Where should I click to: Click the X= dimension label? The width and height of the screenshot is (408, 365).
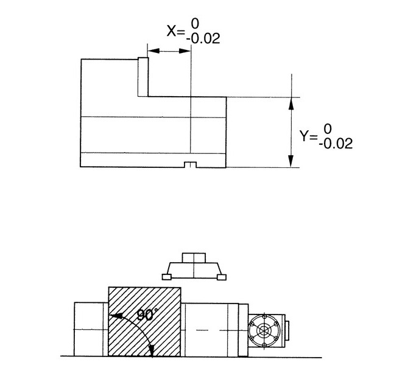click(x=175, y=31)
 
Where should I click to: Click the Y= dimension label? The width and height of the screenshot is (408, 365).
click(x=308, y=136)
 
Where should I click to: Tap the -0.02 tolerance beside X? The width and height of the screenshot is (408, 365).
click(x=203, y=39)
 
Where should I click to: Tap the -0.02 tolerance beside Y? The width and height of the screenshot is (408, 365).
click(x=336, y=144)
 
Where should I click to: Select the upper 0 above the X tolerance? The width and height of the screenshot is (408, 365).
click(x=195, y=24)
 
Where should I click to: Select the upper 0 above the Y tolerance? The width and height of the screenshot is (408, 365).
click(x=328, y=129)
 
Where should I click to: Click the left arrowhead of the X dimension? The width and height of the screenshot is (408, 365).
click(x=153, y=50)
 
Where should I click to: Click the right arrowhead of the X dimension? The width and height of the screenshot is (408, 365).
click(x=185, y=50)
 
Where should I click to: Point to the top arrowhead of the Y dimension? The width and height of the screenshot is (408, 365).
click(x=291, y=103)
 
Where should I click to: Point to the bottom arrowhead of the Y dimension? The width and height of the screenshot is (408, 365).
click(x=291, y=161)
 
